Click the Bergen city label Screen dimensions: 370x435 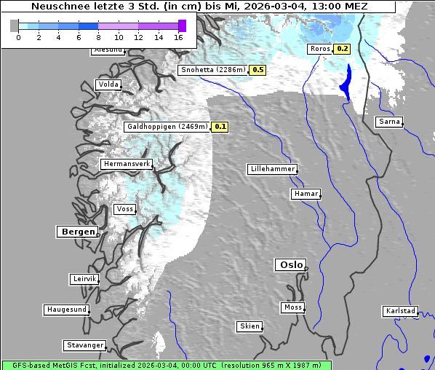click(x=76, y=232)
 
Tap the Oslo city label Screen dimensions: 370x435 click(x=291, y=264)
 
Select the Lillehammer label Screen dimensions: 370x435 click(x=272, y=169)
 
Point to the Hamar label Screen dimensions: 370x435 click(x=305, y=194)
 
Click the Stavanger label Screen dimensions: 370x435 click(x=84, y=345)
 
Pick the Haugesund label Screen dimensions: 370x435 click(x=66, y=310)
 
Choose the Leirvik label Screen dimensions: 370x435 click(x=84, y=279)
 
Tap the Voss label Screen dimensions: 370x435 click(x=124, y=209)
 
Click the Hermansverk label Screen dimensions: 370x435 click(x=127, y=164)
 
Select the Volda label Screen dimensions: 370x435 click(x=108, y=84)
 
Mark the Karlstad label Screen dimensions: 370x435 click(x=400, y=311)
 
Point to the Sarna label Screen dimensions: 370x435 click(x=388, y=122)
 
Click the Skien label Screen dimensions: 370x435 click(x=249, y=326)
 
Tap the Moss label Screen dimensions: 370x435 click(x=292, y=307)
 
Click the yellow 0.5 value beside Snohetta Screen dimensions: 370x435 click(x=258, y=70)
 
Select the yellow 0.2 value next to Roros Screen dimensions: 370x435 click(x=342, y=49)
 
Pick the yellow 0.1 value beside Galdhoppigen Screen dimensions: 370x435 click(x=220, y=127)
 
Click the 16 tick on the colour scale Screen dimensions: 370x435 click(x=179, y=36)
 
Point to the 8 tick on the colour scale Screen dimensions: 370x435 click(x=98, y=36)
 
